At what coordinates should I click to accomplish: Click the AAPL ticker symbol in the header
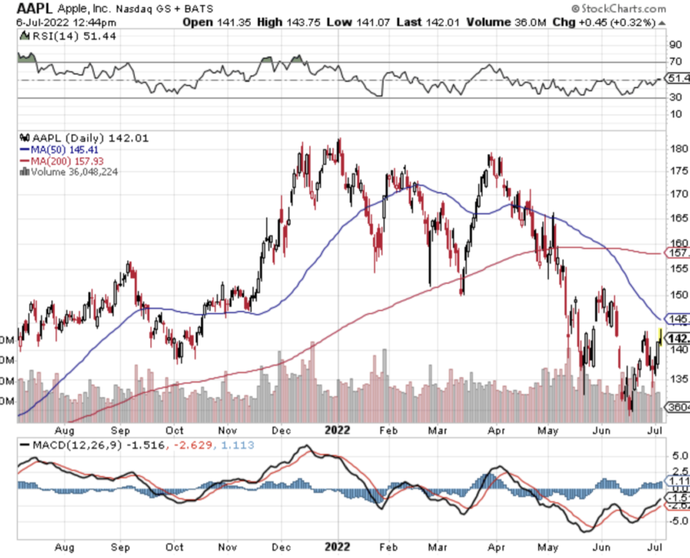[x=34, y=7]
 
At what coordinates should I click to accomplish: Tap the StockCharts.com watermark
[x=620, y=7]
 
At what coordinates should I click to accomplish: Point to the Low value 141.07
[x=369, y=22]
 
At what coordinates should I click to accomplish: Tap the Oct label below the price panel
[x=174, y=429]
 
